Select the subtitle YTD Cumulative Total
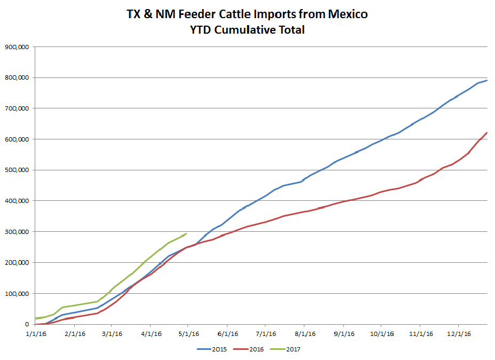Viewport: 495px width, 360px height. point(247,30)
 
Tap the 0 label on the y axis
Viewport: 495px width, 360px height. point(27,324)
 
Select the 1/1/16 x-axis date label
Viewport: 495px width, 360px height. point(35,334)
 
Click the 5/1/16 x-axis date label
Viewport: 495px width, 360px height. point(188,334)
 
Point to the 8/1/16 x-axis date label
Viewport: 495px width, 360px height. point(304,334)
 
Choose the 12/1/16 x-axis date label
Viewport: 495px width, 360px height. point(458,334)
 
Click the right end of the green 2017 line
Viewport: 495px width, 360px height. point(186,233)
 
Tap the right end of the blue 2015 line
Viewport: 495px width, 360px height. point(487,80)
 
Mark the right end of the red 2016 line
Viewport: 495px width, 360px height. point(487,132)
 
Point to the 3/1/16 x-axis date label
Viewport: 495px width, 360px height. point(112,334)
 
